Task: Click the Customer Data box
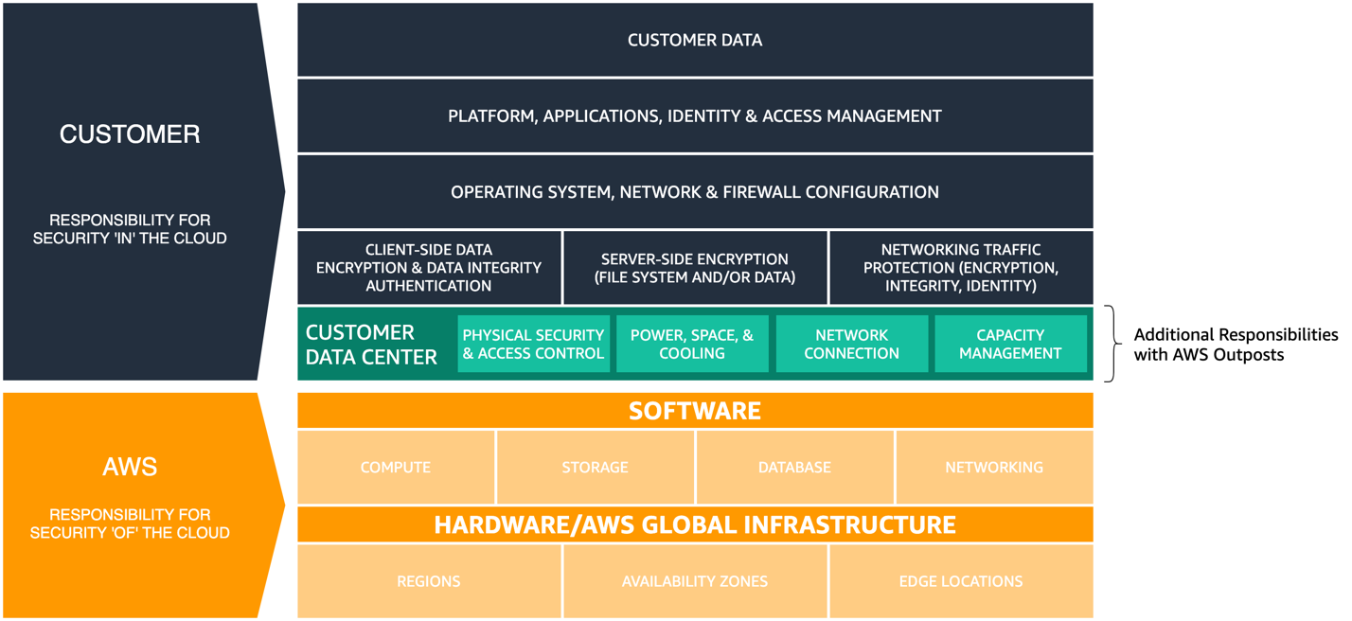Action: pyautogui.click(x=695, y=40)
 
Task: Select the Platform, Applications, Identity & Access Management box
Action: pyautogui.click(x=695, y=115)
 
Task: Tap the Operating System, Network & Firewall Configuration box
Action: pyautogui.click(x=695, y=192)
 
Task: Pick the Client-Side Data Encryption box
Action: pyautogui.click(x=429, y=268)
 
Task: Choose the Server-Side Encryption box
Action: pyautogui.click(x=695, y=268)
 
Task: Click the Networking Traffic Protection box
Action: pyautogui.click(x=961, y=268)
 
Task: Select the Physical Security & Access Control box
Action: pyautogui.click(x=533, y=345)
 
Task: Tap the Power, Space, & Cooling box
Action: pyautogui.click(x=692, y=345)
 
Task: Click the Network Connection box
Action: pyautogui.click(x=851, y=345)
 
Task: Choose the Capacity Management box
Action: pyautogui.click(x=1010, y=345)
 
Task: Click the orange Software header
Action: pyautogui.click(x=695, y=410)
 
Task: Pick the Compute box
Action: pyautogui.click(x=396, y=467)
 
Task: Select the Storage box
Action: pyautogui.click(x=595, y=467)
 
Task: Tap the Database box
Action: pyautogui.click(x=794, y=467)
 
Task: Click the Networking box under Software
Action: pyautogui.click(x=994, y=467)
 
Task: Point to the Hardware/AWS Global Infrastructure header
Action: pyautogui.click(x=695, y=524)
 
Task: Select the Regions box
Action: pyautogui.click(x=429, y=581)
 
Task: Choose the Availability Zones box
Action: pyautogui.click(x=695, y=581)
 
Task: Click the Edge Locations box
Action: pyautogui.click(x=961, y=581)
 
